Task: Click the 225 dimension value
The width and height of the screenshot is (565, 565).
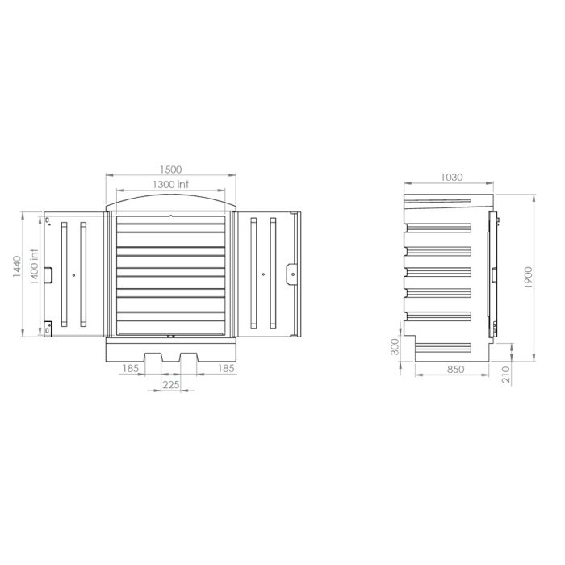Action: click(169, 385)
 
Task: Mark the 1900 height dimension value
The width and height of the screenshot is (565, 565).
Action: click(529, 278)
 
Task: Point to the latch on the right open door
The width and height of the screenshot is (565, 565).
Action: click(291, 270)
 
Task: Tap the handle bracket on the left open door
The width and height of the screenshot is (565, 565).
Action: click(48, 275)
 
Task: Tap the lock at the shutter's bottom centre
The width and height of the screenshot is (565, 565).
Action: click(169, 335)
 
